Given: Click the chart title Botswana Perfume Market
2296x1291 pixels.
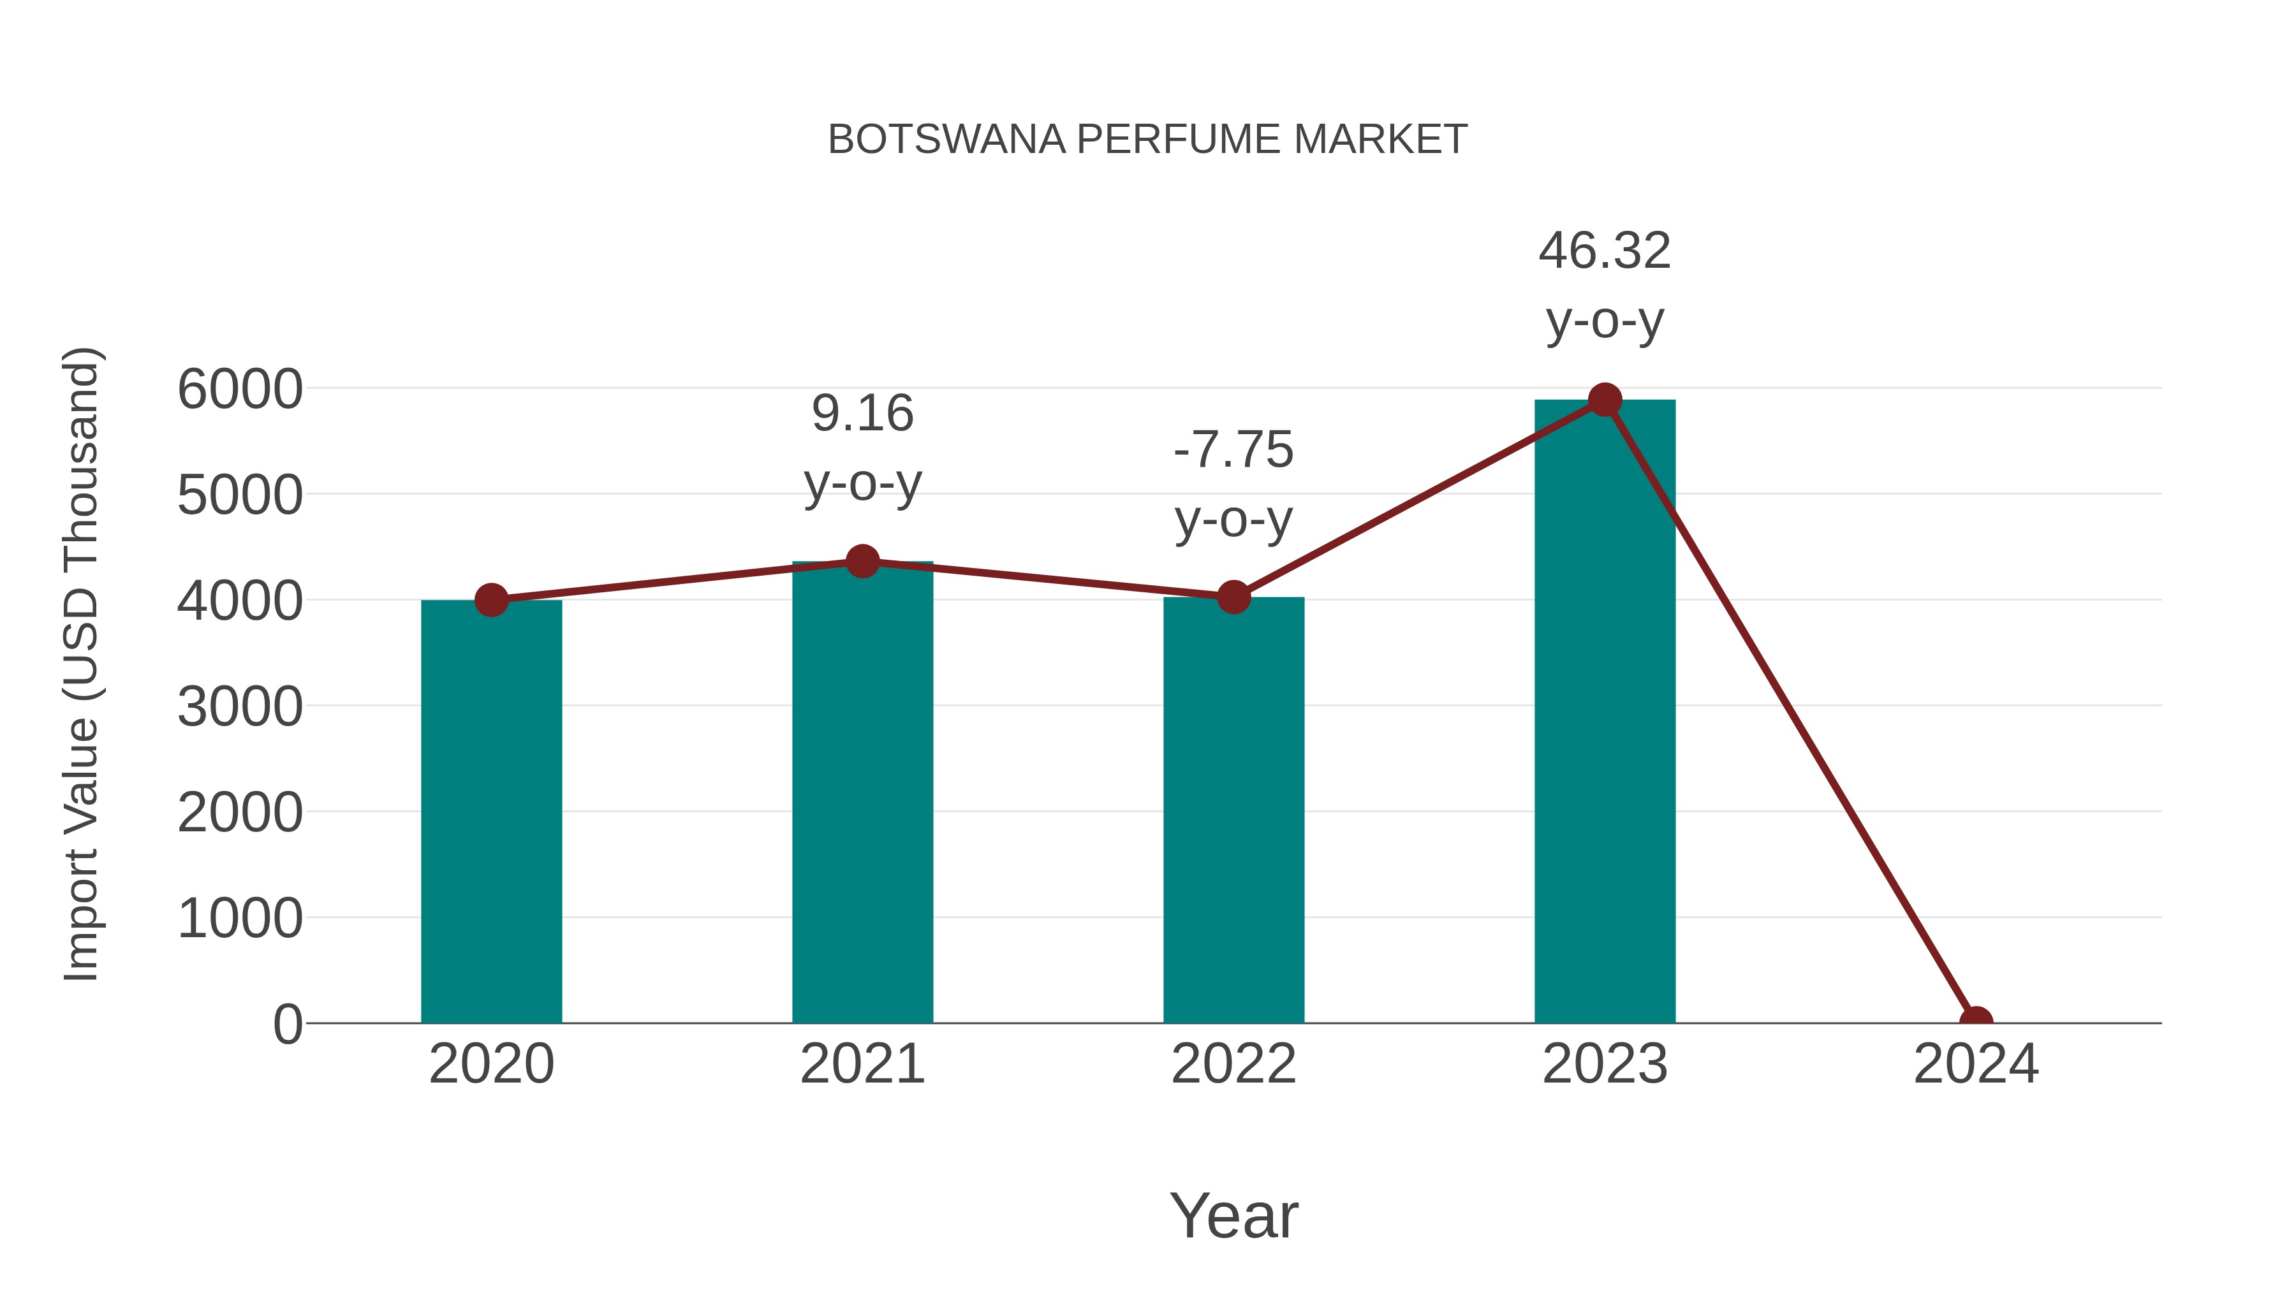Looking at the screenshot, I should point(1147,140).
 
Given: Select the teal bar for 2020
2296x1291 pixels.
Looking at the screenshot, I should point(491,811).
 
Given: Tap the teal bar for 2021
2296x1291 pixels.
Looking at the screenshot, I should point(862,793).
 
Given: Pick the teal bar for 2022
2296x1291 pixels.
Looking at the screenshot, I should point(1233,811).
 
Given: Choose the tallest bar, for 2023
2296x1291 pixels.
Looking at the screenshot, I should point(1605,713).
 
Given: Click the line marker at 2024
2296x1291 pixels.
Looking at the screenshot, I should point(1975,1021).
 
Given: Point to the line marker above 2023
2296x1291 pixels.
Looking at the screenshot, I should point(1605,400).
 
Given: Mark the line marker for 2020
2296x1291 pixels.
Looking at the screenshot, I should point(491,600).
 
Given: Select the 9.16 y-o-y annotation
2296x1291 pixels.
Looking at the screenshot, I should point(862,448).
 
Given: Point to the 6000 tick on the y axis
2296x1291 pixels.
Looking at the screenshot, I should point(240,390).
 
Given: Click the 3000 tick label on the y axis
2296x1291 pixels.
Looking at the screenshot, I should point(240,708).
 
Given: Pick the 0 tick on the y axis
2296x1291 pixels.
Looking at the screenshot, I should point(287,1025).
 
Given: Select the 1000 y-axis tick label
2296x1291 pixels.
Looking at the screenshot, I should point(240,919).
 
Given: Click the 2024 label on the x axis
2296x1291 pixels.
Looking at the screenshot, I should point(1975,1064).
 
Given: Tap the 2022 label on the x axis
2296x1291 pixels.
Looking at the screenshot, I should point(1233,1064).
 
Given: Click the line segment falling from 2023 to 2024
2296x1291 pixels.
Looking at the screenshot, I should point(1790,711).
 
